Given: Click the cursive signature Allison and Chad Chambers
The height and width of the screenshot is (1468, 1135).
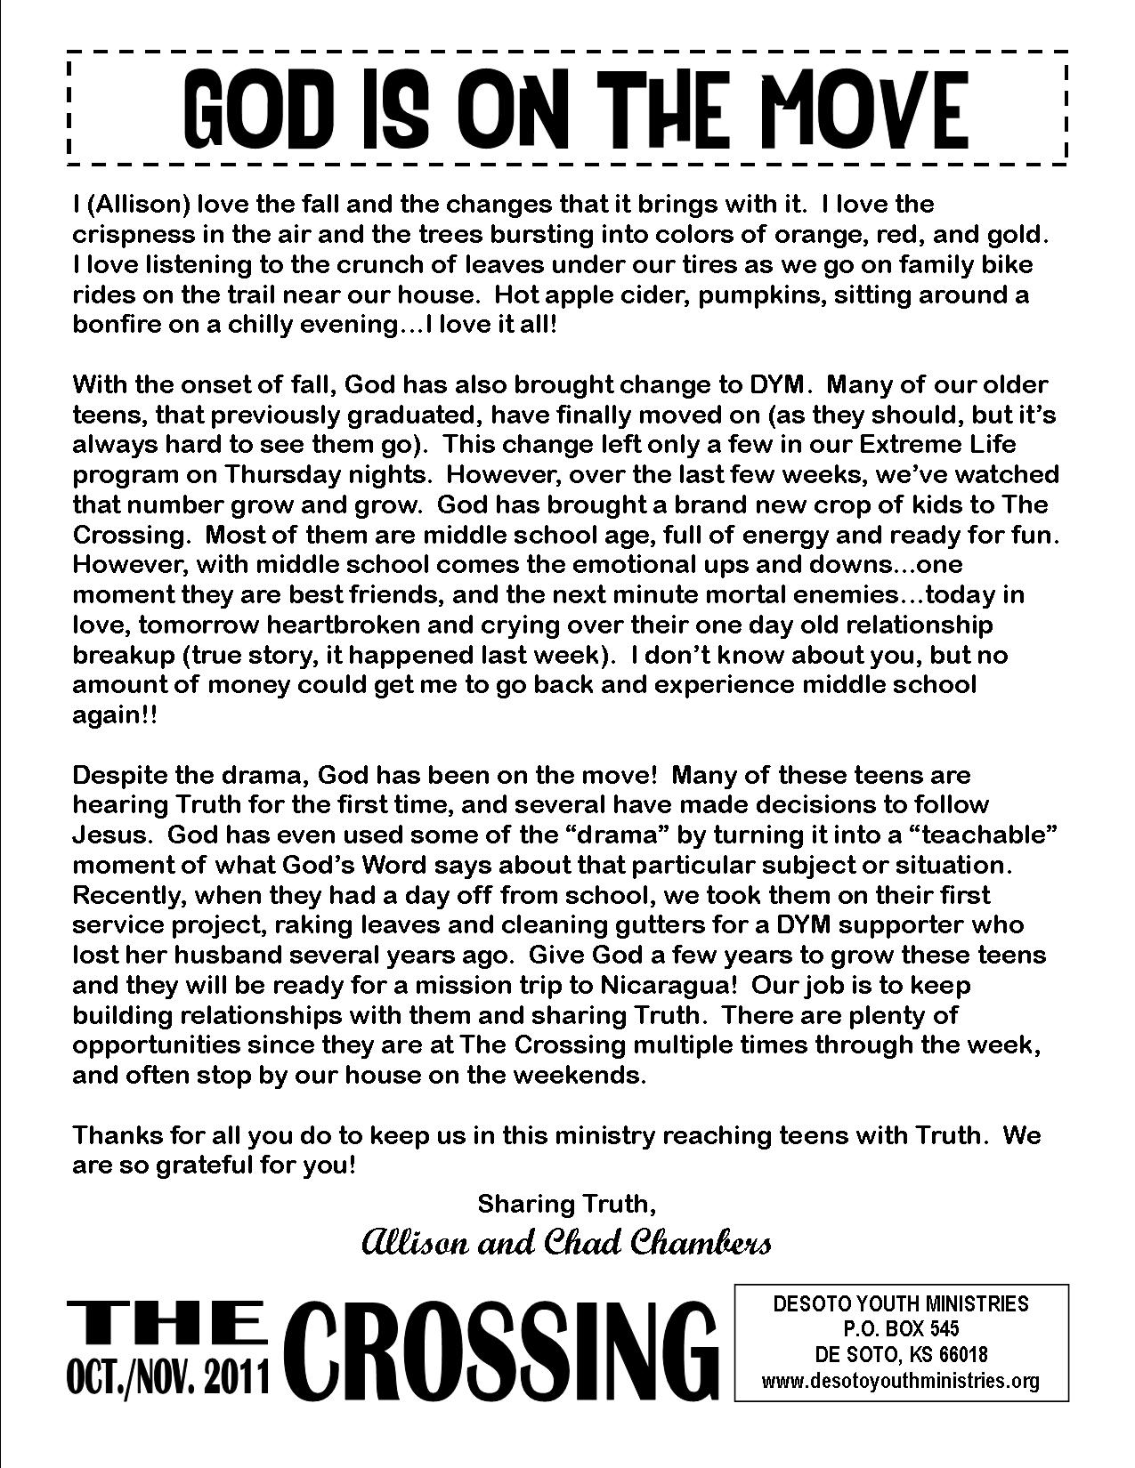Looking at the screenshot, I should point(566,1243).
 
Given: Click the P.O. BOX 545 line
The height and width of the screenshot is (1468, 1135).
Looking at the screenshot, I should point(900,1329).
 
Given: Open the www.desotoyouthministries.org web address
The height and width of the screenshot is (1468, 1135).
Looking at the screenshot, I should point(900,1381).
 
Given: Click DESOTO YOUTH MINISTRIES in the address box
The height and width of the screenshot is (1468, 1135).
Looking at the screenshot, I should point(900,1303).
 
